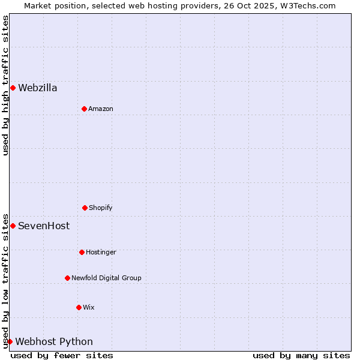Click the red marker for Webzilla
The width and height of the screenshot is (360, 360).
(x=13, y=88)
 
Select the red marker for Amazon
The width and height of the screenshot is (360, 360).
(x=84, y=109)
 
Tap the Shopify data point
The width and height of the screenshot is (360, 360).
(x=85, y=208)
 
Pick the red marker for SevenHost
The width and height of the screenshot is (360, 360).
(x=13, y=226)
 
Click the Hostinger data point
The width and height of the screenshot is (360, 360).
(x=82, y=252)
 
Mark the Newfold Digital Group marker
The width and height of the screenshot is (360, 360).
(x=67, y=278)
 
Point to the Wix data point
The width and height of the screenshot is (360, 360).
(x=79, y=307)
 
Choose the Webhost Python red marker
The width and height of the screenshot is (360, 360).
(x=10, y=342)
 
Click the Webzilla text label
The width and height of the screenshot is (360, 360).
(x=38, y=88)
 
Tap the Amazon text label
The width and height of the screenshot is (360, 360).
(x=101, y=109)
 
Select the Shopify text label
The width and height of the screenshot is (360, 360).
(x=101, y=208)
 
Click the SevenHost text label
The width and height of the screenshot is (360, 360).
(x=44, y=226)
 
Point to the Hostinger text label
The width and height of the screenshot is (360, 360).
(x=101, y=252)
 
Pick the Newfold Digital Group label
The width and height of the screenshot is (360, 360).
(x=106, y=278)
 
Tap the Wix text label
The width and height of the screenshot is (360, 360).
(x=89, y=307)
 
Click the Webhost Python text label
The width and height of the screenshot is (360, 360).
(x=54, y=342)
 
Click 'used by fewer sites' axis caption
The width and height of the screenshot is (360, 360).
(x=62, y=356)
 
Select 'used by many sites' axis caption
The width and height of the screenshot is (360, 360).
(x=301, y=356)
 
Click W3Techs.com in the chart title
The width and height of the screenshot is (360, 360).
(x=307, y=5)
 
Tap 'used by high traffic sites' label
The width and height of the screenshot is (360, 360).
(x=6, y=85)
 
